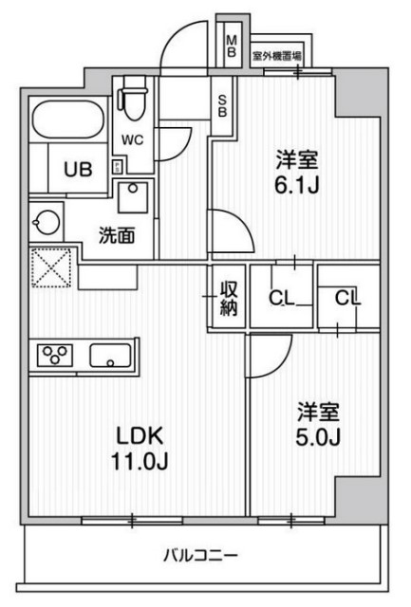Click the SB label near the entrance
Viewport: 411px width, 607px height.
pos(220,103)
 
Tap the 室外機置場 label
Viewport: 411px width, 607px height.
pos(277,56)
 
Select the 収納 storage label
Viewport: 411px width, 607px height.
pos(229,299)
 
